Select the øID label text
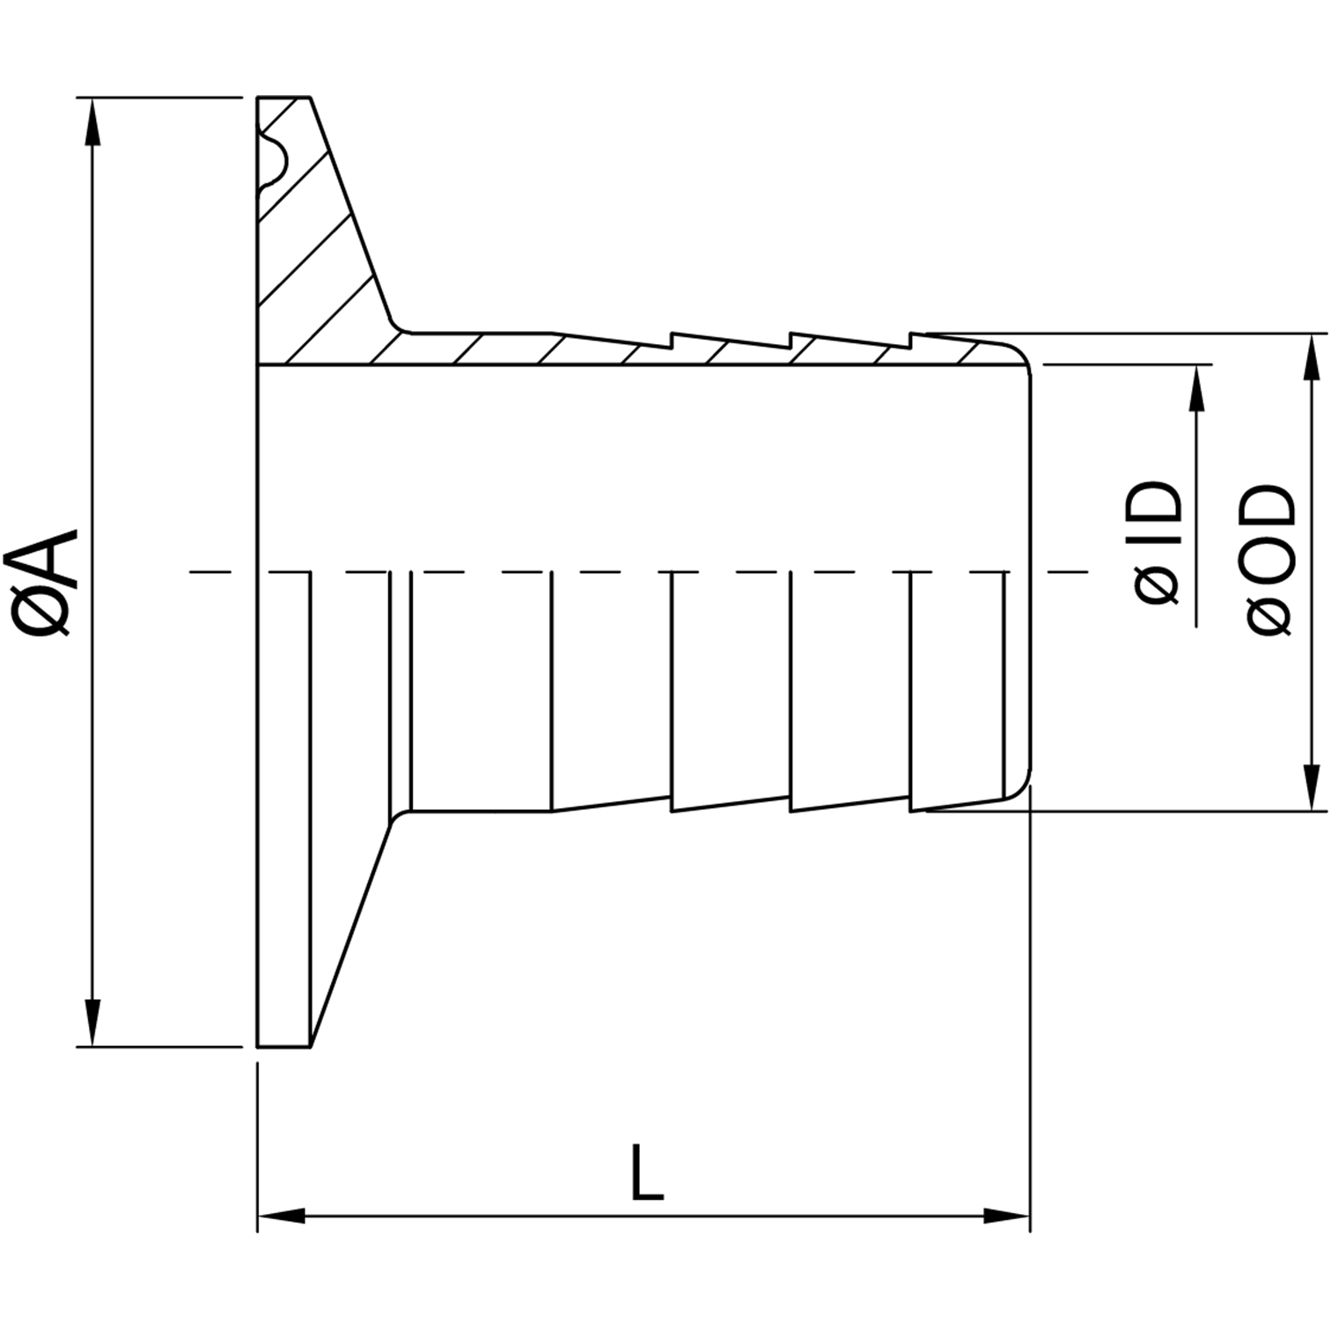tap(1158, 542)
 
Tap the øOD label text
tap(1272, 558)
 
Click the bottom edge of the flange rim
tap(283, 1047)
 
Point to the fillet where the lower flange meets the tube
tap(401, 815)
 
